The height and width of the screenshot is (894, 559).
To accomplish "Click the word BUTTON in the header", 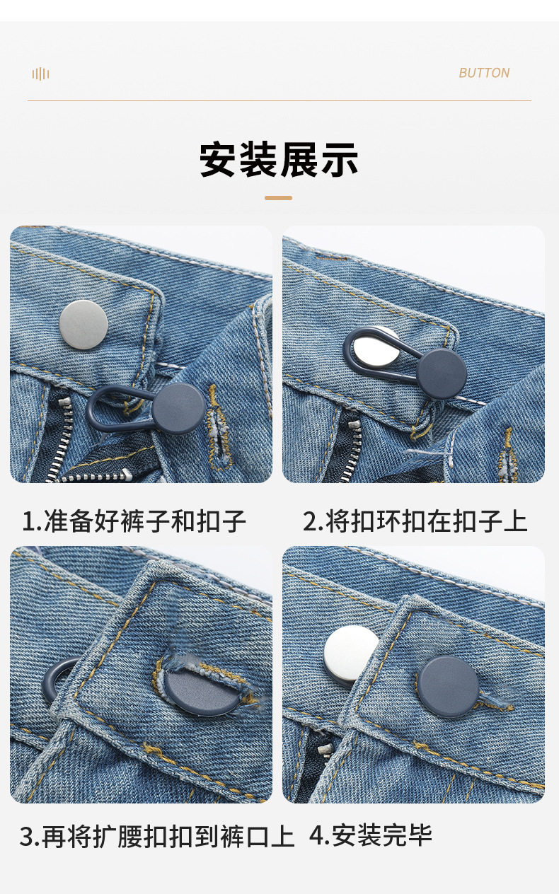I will click(x=484, y=73).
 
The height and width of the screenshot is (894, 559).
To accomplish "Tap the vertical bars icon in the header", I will click(x=40, y=74).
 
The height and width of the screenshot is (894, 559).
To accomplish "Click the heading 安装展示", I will click(x=279, y=160).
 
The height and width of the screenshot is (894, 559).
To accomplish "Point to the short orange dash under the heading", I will click(x=279, y=198).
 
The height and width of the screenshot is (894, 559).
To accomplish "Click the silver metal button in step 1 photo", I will click(x=83, y=324).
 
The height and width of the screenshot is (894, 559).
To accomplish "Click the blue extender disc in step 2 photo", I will click(x=441, y=374).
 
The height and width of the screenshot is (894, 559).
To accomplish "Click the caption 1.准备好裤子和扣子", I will click(x=134, y=522).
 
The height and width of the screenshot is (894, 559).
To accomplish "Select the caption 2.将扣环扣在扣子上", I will click(x=415, y=522).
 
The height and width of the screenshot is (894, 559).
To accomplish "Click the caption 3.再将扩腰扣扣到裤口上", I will click(x=157, y=837).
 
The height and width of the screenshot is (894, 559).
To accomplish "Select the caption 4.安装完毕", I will click(x=371, y=836).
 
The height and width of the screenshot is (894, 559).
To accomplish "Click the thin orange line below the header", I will click(x=279, y=101).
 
